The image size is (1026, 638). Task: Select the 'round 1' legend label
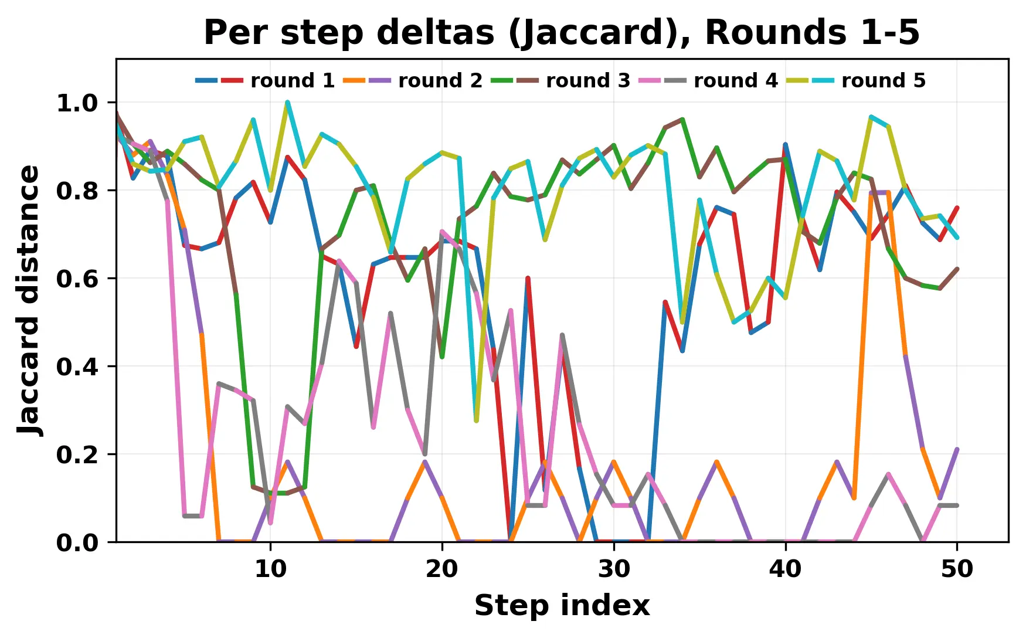coord(292,80)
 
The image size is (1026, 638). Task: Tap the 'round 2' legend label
coord(440,80)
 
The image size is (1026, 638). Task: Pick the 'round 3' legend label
coord(587,80)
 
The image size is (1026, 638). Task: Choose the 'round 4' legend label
coord(735,80)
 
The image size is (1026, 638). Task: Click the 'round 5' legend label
coord(883,80)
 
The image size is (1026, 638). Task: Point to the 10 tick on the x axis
coord(270,569)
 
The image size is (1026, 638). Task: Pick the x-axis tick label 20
coord(442,569)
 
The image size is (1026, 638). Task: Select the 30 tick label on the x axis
coord(614,569)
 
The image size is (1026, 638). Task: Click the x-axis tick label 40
coord(786,569)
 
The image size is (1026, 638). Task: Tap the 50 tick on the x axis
coord(957,569)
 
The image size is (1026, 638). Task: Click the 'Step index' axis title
coord(562,605)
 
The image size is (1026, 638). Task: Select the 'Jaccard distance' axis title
coord(29,300)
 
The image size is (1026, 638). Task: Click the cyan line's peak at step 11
coord(287,103)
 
